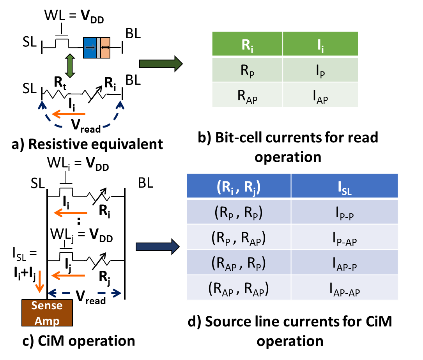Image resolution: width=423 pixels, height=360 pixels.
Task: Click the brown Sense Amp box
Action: (x=47, y=313)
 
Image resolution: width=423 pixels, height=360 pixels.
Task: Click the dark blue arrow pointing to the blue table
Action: (x=158, y=247)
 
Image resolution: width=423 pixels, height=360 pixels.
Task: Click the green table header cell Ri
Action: (x=247, y=44)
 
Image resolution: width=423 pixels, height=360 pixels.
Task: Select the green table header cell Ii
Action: (x=320, y=44)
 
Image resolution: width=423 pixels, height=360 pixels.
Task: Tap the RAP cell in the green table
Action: (x=247, y=95)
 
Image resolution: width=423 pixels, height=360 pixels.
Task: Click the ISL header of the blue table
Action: (x=344, y=186)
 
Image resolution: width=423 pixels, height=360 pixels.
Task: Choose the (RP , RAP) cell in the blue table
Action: (x=238, y=238)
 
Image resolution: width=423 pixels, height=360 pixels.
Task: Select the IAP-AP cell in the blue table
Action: (x=344, y=289)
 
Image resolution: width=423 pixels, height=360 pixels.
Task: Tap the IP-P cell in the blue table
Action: (x=344, y=212)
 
